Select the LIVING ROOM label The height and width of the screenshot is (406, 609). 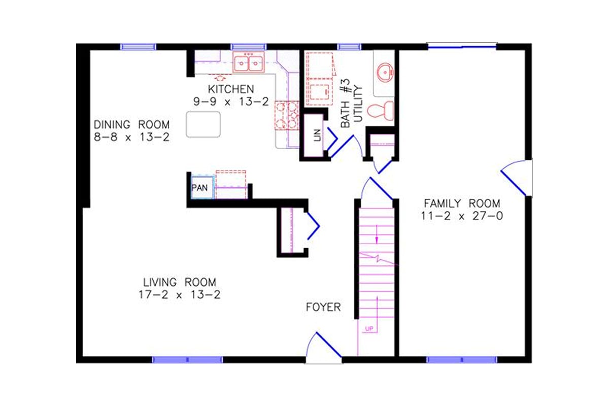(179, 282)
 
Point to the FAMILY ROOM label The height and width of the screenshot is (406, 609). (462, 204)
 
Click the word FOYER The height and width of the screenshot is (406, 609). (323, 308)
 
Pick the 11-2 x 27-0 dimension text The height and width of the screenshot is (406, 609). (462, 216)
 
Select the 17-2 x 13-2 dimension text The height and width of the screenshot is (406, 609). (179, 295)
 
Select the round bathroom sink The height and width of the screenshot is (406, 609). (386, 72)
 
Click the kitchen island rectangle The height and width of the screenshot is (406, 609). (203, 124)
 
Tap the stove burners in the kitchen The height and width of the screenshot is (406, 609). (287, 115)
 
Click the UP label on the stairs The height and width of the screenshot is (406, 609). (369, 329)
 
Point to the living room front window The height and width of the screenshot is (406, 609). (187, 360)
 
